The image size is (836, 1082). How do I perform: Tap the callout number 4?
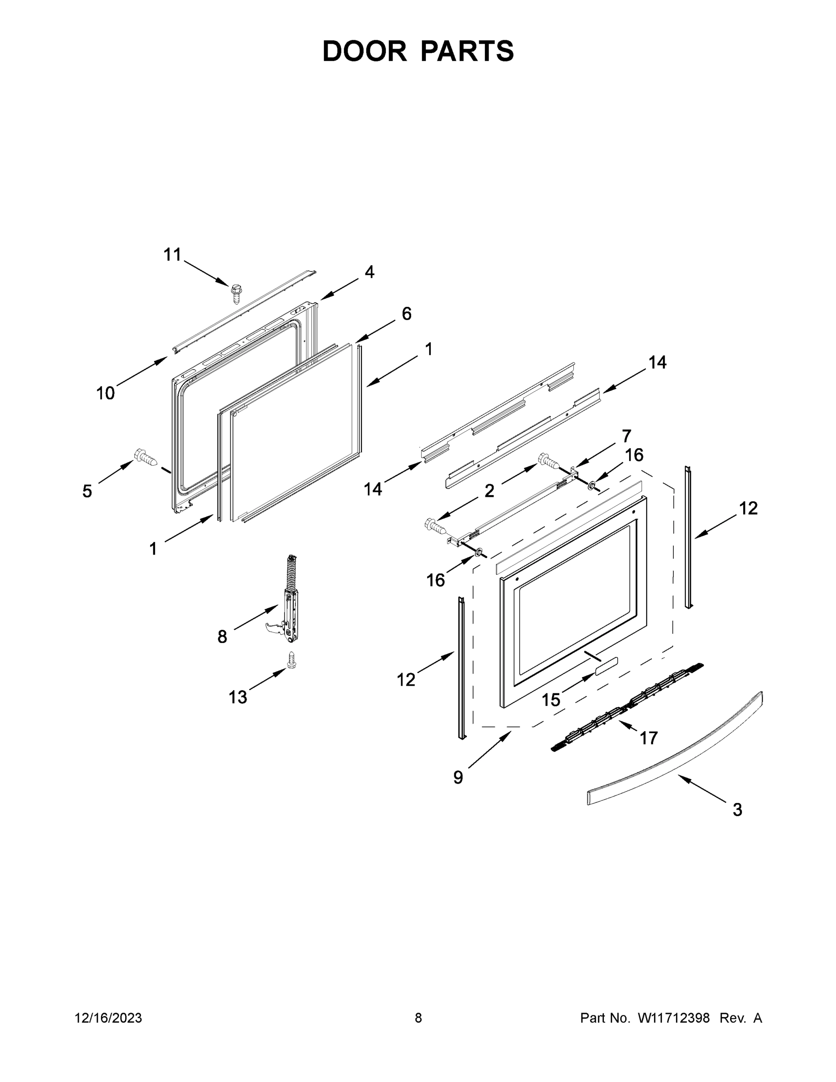pos(370,271)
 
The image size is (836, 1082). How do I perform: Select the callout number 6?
pos(406,314)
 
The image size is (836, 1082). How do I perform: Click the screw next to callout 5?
pos(145,457)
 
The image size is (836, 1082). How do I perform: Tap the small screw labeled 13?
pos(292,660)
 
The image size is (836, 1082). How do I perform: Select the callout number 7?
pos(626,436)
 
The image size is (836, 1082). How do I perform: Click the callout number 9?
pos(458,777)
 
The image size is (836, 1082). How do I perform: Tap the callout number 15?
pos(551,700)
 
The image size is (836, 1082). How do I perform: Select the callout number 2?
pos(489,491)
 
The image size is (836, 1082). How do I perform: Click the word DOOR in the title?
pos(364,51)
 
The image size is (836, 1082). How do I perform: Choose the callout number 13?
pos(238,697)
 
